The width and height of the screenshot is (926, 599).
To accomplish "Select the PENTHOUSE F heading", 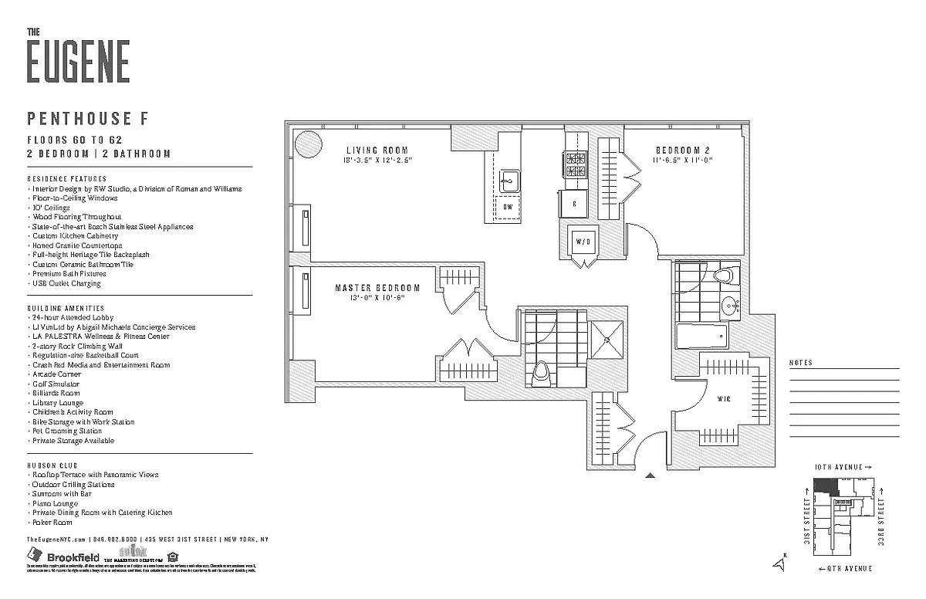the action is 87,118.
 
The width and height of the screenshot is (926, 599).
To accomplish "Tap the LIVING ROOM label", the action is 377,151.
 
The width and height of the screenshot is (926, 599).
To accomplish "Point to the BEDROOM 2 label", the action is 683,151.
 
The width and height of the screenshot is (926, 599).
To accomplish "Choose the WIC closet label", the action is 724,398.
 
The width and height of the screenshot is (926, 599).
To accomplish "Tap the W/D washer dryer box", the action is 583,242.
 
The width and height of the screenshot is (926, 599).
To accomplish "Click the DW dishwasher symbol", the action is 507,207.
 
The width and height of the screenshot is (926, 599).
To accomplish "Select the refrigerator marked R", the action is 574,205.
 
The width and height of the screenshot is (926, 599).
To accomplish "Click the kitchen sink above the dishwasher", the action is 508,183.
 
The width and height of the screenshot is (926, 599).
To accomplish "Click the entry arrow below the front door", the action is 650,475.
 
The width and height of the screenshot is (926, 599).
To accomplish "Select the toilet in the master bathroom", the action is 542,373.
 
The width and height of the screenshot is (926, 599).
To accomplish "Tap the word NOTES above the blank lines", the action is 801,363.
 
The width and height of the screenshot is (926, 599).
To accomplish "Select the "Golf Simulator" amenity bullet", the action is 55,384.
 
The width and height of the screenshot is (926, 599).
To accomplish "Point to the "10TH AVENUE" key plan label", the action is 843,468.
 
